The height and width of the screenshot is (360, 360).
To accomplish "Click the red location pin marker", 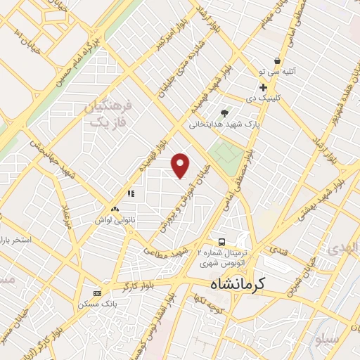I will [x=181, y=165].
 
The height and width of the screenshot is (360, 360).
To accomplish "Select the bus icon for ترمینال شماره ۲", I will [x=222, y=241].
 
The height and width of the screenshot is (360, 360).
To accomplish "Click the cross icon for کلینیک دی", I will [x=263, y=88].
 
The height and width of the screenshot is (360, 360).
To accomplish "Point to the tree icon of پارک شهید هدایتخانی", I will [x=224, y=112].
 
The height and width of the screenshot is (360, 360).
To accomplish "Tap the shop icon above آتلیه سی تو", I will [x=278, y=61].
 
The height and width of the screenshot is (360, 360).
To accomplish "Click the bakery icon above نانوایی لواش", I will [x=115, y=209].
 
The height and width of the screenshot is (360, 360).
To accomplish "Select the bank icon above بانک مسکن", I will [x=97, y=292].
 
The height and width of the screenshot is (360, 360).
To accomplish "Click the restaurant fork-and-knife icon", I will [x=130, y=193].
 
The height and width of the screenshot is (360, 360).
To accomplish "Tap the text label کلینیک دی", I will [x=280, y=99].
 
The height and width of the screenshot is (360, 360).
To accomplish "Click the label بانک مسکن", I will [x=96, y=304].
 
